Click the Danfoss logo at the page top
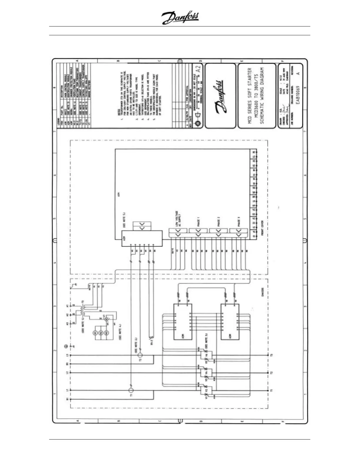point(180,18)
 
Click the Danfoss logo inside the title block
point(220,96)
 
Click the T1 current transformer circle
point(131,390)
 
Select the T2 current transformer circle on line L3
point(140,355)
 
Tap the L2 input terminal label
point(67,373)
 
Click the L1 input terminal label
point(67,390)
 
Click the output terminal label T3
point(272,355)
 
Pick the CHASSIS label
point(262,292)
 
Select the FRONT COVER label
point(262,228)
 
